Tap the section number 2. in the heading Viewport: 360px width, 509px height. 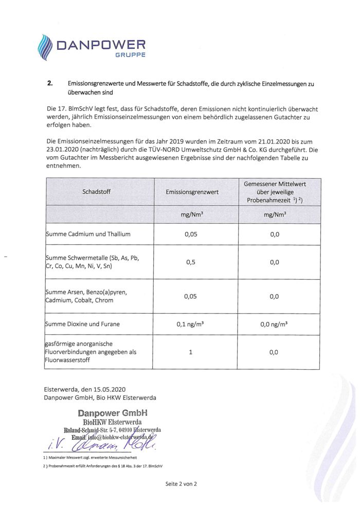click(x=50, y=83)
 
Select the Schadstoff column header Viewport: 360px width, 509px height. click(x=96, y=192)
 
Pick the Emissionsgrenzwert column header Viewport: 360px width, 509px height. click(x=192, y=192)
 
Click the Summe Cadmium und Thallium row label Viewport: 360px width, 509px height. click(x=88, y=234)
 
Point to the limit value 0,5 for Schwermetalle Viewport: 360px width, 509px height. click(x=190, y=262)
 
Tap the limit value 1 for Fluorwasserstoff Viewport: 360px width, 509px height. click(x=190, y=352)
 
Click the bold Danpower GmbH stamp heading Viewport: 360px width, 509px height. click(x=113, y=412)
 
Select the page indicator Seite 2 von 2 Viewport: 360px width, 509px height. click(x=181, y=484)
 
